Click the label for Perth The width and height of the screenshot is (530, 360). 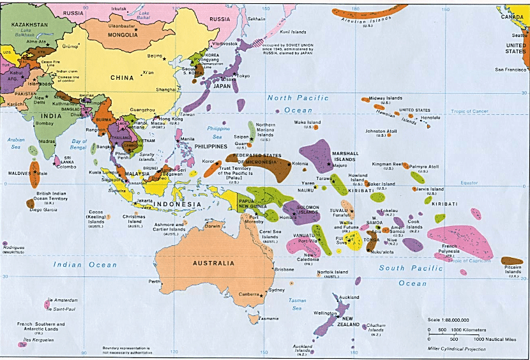(154, 281)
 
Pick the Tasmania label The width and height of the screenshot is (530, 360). (268, 319)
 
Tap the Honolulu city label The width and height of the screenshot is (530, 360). (430, 118)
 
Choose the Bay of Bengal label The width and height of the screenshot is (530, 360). (79, 144)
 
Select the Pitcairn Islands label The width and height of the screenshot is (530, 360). (513, 271)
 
